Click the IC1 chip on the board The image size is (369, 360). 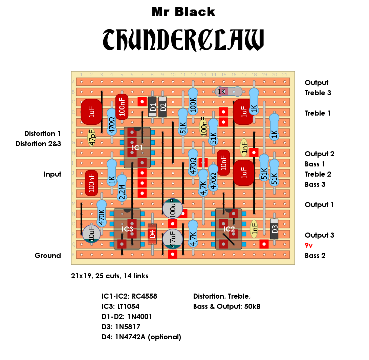coord(137,147)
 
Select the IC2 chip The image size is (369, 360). coord(229,229)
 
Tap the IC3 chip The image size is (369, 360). coord(127,229)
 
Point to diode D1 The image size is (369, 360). coord(152,107)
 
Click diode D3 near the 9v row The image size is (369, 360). coord(274,229)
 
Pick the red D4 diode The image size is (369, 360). coord(152,234)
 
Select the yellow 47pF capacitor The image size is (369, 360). coord(91,138)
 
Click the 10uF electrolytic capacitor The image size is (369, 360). coord(91,234)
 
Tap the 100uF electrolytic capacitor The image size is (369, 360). coord(173,208)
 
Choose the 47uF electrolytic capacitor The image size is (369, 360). coord(173,239)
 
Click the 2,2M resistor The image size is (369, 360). coord(122,188)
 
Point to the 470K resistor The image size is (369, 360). coord(102,214)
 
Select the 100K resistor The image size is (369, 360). coord(193,102)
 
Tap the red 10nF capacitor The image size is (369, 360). coord(223,163)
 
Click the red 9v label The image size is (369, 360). coord(308,245)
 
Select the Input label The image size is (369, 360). coord(52,174)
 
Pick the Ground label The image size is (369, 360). coord(48,255)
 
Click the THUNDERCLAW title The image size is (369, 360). coord(183,40)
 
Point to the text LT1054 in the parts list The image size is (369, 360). coord(128,306)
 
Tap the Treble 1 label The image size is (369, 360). coord(318,113)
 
